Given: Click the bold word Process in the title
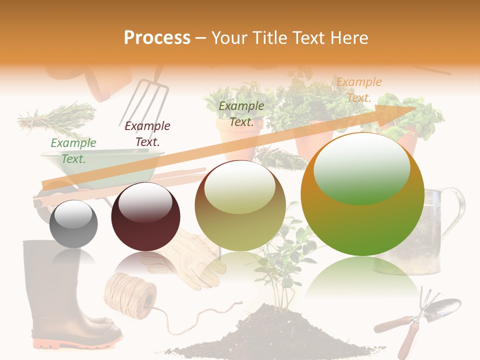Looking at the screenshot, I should tap(157, 38).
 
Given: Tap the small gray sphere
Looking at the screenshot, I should tap(73, 224).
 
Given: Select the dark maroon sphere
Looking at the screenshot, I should tap(145, 216).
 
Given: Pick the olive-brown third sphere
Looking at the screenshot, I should tap(240, 206).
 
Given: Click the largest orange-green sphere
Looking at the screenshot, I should tap(362, 194).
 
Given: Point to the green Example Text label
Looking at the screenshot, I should tap(73, 151).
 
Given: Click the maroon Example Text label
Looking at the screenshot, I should tap(147, 134).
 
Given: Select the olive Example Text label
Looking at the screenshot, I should tap(241, 114).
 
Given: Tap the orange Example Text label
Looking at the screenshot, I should tap(358, 90).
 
